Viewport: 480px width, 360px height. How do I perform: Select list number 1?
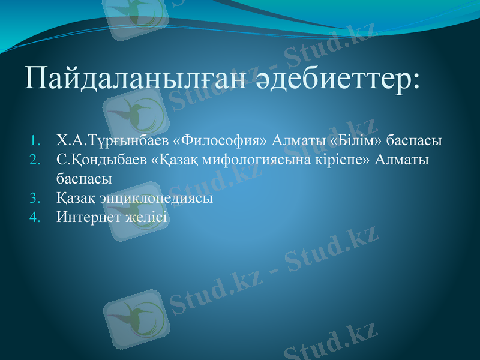35,142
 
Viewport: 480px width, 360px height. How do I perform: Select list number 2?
35,160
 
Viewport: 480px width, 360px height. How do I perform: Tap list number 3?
35,197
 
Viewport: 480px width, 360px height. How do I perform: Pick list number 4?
35,216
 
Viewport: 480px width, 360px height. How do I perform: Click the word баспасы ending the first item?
413,142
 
